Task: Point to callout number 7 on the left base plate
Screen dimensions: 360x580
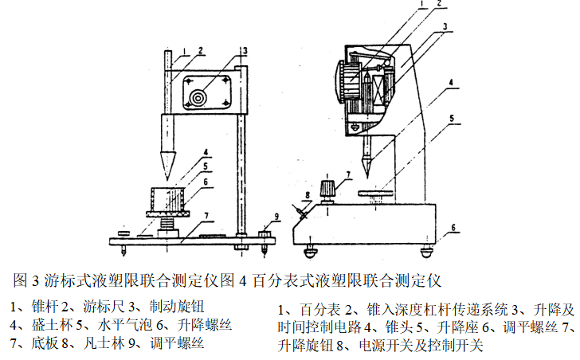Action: click(205, 215)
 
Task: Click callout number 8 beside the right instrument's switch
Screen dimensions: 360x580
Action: click(307, 194)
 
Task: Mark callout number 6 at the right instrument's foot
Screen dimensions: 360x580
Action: click(453, 227)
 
